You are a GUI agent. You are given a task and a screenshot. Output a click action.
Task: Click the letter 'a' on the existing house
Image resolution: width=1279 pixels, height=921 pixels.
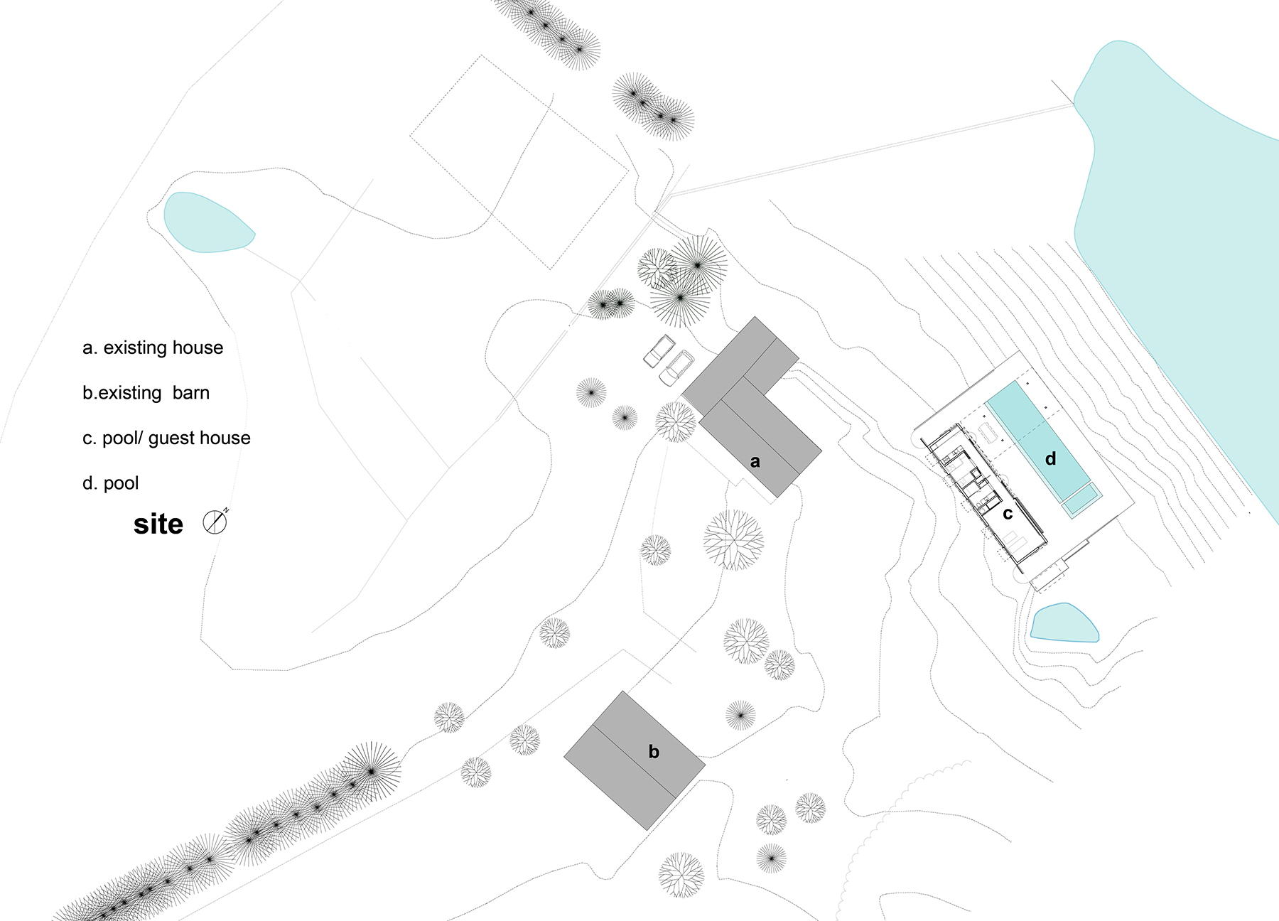coord(755,462)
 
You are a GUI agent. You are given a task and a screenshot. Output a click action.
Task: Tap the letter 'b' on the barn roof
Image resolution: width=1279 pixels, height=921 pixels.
coord(654,751)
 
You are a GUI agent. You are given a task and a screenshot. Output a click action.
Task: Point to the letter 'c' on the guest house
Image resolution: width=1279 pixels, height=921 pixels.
coord(1008,513)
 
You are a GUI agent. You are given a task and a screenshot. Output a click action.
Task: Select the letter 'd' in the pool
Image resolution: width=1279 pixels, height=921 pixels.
coord(1050,459)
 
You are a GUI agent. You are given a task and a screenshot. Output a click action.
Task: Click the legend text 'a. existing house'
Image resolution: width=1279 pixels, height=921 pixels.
coord(153,348)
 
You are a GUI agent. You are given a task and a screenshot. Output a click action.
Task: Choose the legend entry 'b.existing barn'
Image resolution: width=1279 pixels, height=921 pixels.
coord(146,393)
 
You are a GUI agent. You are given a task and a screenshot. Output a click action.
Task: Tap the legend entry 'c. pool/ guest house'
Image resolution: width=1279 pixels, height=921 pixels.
coord(166,438)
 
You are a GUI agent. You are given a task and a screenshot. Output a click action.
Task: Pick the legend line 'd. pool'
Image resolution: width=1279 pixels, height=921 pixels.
coord(110,483)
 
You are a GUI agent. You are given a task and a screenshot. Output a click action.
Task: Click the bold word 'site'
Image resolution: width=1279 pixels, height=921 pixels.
coord(158,524)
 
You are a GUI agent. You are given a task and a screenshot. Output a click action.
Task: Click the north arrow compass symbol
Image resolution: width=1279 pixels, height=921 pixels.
coord(215,522)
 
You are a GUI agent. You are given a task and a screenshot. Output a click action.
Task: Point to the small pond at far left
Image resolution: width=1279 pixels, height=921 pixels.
coord(206,222)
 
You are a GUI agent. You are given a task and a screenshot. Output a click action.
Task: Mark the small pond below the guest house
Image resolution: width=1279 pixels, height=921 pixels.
coord(1063,623)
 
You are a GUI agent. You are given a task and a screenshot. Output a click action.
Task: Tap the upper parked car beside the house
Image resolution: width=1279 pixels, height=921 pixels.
coord(659,350)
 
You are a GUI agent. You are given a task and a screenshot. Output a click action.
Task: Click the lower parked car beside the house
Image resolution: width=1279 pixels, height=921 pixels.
coord(676,367)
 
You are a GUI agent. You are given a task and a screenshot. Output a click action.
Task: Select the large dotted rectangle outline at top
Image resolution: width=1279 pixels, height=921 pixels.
coord(519,162)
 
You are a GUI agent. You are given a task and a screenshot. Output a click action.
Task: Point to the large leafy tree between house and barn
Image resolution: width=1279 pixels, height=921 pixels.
coord(733,539)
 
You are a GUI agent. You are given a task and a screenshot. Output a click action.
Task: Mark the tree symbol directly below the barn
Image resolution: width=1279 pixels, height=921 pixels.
coord(681,875)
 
